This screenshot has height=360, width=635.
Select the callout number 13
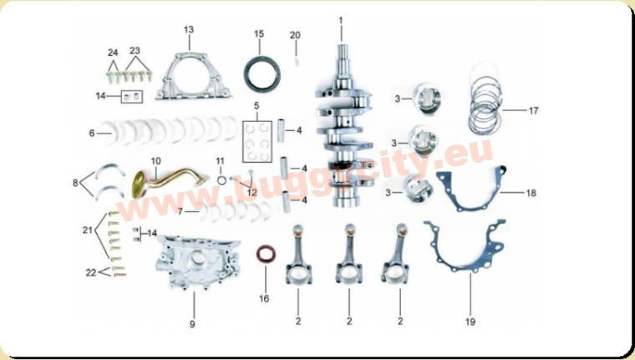click(x=189, y=30)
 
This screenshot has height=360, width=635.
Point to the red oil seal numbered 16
click(x=266, y=254)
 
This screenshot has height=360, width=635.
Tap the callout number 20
click(x=294, y=35)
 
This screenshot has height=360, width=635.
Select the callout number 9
click(x=191, y=322)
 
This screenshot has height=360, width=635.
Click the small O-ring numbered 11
click(x=221, y=179)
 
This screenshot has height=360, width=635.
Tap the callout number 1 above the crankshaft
click(x=341, y=19)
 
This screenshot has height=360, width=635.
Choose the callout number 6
click(x=91, y=132)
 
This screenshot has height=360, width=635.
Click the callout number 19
click(x=470, y=322)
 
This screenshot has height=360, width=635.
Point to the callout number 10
click(x=155, y=160)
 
